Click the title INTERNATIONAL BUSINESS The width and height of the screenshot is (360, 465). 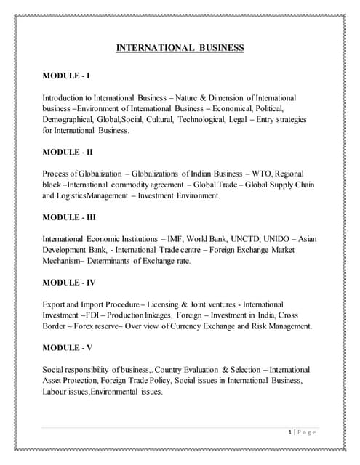(180, 48)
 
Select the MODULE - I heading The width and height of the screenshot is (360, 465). (66, 75)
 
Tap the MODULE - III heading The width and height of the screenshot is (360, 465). (70, 217)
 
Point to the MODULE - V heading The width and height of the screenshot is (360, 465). (68, 348)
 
